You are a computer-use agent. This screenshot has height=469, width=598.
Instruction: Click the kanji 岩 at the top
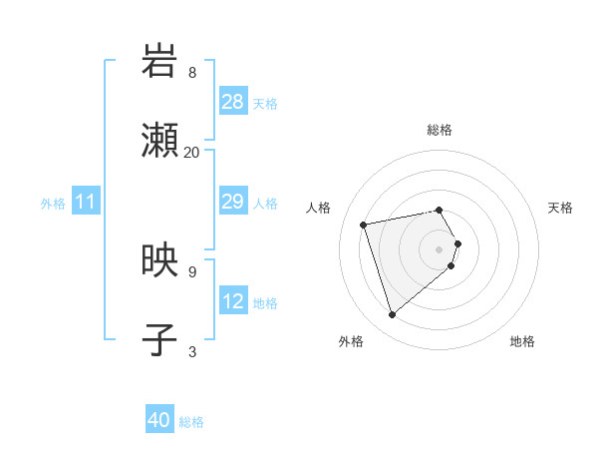click(x=159, y=62)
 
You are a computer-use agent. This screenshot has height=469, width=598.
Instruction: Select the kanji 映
click(x=159, y=261)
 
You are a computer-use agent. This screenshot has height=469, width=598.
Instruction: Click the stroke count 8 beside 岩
click(x=192, y=73)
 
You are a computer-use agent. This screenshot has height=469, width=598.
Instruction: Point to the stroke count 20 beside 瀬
click(x=192, y=153)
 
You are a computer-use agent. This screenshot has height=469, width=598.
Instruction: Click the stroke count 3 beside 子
click(x=192, y=351)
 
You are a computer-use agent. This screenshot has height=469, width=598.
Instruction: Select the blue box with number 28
click(x=233, y=102)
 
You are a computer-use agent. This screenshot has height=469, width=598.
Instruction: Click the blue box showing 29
click(x=233, y=203)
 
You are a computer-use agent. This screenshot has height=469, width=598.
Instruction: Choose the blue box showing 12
click(x=233, y=301)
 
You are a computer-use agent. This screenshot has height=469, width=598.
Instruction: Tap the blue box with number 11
click(x=86, y=203)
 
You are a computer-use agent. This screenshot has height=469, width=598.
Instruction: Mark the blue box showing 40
click(x=159, y=421)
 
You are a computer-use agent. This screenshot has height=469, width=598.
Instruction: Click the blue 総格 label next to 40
click(x=192, y=422)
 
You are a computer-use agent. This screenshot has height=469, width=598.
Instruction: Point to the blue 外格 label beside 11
click(x=53, y=204)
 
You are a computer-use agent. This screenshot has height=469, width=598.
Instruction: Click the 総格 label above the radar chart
click(x=440, y=130)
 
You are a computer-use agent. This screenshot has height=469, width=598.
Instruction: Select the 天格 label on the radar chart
click(x=560, y=208)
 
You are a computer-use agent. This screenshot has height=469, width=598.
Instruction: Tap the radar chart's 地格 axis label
click(x=522, y=341)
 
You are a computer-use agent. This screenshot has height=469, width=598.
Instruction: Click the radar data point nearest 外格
click(x=393, y=315)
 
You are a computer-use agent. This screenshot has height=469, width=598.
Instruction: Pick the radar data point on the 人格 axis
click(x=364, y=224)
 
